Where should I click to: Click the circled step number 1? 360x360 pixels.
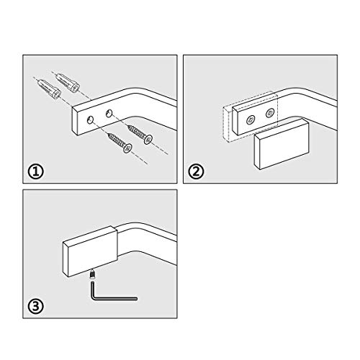[x=36, y=171]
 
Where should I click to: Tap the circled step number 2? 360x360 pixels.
[x=196, y=171]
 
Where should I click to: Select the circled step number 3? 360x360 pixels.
[x=36, y=306]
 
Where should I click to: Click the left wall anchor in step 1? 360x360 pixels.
[x=49, y=89]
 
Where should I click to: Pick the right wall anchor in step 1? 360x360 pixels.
[x=67, y=83]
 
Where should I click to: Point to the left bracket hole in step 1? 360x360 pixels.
[x=91, y=120]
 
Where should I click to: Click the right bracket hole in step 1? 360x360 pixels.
[x=109, y=113]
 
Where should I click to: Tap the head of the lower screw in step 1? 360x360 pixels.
[x=128, y=148]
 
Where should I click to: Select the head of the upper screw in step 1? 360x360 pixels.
[x=148, y=140]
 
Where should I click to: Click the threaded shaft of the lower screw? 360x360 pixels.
[x=117, y=140]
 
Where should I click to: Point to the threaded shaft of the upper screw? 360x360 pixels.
[x=137, y=132]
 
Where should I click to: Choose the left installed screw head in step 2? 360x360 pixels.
[x=251, y=119]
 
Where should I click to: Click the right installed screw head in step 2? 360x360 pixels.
[x=270, y=113]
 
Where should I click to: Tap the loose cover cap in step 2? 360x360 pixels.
[x=282, y=145]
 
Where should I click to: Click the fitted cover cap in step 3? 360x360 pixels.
[x=90, y=251]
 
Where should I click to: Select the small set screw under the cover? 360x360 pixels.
[x=93, y=274]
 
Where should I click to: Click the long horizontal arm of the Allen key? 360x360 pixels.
[x=114, y=299]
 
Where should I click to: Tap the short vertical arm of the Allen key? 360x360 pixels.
[x=93, y=290]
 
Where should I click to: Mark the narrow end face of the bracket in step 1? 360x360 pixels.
[x=75, y=121]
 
